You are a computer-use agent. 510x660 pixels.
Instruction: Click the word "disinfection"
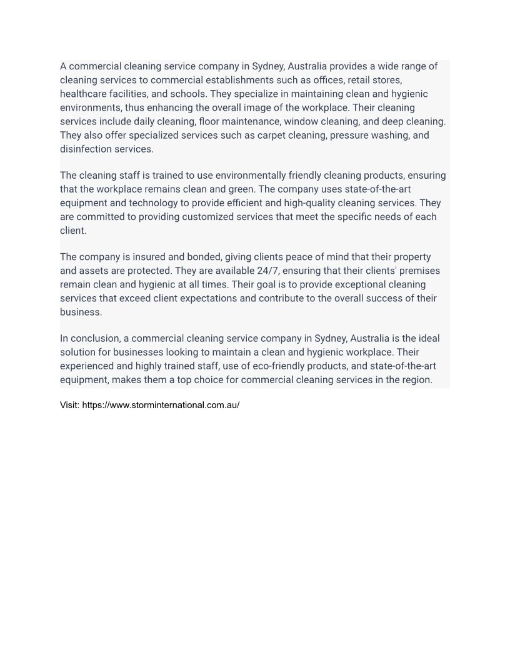point(87,149)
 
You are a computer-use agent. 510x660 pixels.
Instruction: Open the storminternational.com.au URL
point(161,405)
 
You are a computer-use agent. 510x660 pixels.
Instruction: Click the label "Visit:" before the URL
point(69,405)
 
